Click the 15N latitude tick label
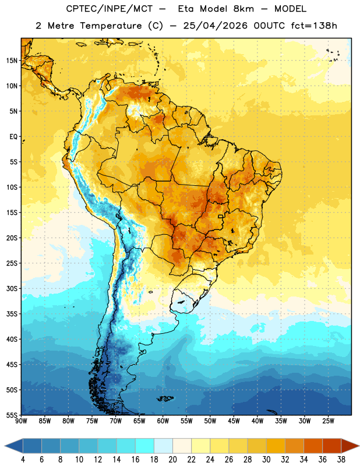click(12, 61)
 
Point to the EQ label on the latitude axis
click(13, 137)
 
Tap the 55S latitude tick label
click(12, 415)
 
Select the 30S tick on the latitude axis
click(12, 288)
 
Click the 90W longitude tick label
click(21, 421)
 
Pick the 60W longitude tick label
click(163, 421)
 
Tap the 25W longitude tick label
click(328, 421)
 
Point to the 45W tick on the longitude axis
click(234, 421)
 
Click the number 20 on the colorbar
click(172, 460)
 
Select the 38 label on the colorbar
click(341, 460)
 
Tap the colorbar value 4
click(23, 460)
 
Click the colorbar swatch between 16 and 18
click(144, 446)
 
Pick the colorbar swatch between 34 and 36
click(313, 446)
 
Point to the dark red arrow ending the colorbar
click(350, 446)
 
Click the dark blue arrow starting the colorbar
click(14, 446)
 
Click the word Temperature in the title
click(111, 26)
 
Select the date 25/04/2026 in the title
click(215, 26)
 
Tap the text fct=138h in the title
click(314, 26)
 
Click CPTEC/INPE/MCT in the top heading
click(109, 9)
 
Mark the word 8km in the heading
click(243, 9)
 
